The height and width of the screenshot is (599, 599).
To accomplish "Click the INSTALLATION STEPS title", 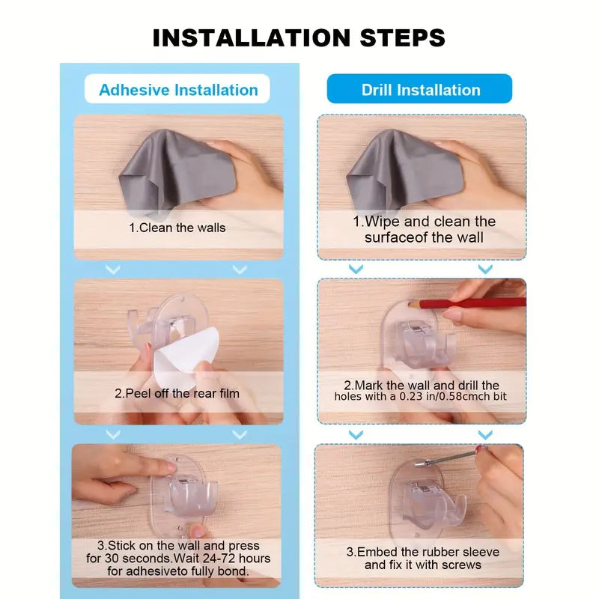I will (299, 37).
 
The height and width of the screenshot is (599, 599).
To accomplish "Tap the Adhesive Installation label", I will (178, 90).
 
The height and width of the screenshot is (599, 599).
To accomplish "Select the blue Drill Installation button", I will (420, 90).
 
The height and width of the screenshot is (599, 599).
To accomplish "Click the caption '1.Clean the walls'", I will (178, 227).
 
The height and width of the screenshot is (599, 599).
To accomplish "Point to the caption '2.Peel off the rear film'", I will (178, 392).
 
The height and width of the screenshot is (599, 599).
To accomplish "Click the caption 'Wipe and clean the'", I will (424, 222).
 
